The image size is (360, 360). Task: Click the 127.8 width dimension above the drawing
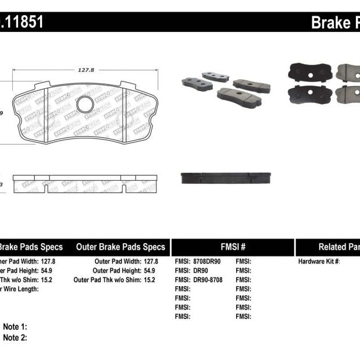coord(85,70)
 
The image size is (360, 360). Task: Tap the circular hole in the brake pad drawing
coord(85,105)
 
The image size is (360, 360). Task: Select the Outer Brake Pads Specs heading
coord(120,247)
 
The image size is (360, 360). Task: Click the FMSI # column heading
coord(232,247)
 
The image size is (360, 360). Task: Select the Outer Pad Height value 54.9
coord(151,270)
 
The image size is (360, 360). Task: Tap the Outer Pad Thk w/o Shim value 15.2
coord(151,280)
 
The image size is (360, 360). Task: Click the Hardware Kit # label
coord(319,262)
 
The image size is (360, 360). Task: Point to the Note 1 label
coord(15,327)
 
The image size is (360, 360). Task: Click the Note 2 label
coord(15,337)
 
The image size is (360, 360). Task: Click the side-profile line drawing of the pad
coord(84,183)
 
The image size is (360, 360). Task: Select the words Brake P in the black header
coord(335,23)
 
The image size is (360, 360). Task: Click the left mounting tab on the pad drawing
coord(42,86)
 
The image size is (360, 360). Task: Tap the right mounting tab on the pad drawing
coord(128,85)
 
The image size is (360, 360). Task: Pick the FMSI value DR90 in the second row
coord(199,270)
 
